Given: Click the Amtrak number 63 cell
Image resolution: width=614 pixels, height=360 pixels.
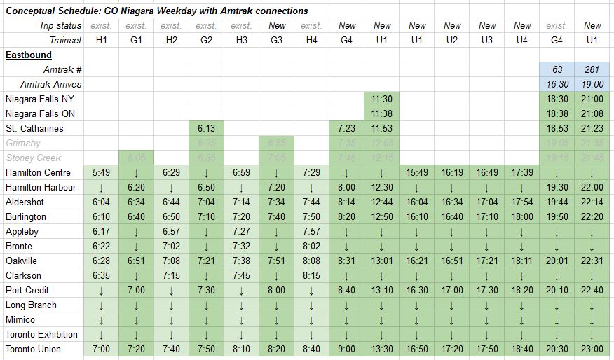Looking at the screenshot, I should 557,69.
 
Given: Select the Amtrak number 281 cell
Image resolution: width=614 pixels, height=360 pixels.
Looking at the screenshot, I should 592,69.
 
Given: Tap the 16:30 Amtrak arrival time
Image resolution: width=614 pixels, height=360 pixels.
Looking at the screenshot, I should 557,84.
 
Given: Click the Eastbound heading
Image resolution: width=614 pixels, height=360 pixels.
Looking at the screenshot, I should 28,55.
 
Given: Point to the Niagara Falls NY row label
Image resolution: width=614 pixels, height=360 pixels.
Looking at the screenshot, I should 39,99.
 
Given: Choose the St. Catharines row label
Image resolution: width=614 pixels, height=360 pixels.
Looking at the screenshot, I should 34,128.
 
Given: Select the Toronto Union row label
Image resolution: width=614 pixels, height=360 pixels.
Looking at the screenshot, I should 33,349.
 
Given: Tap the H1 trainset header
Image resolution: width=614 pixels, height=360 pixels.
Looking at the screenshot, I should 101,40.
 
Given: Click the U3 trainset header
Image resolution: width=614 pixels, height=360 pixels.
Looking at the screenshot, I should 487,40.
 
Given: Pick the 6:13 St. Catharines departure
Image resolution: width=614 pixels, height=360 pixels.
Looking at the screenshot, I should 206,128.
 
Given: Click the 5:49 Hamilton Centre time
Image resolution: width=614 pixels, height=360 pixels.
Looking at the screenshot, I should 101,172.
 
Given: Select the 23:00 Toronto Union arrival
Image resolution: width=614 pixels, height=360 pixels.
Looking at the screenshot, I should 592,349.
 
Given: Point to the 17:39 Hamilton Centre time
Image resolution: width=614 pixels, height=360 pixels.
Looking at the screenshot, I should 522,172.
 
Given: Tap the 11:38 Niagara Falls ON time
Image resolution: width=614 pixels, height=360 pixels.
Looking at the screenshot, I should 382,113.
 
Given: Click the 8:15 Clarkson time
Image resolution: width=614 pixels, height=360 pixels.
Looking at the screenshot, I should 311,275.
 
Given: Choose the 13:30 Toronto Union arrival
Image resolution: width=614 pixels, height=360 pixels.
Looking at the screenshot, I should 382,349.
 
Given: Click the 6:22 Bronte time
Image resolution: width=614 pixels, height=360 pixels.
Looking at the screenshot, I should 101,246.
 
